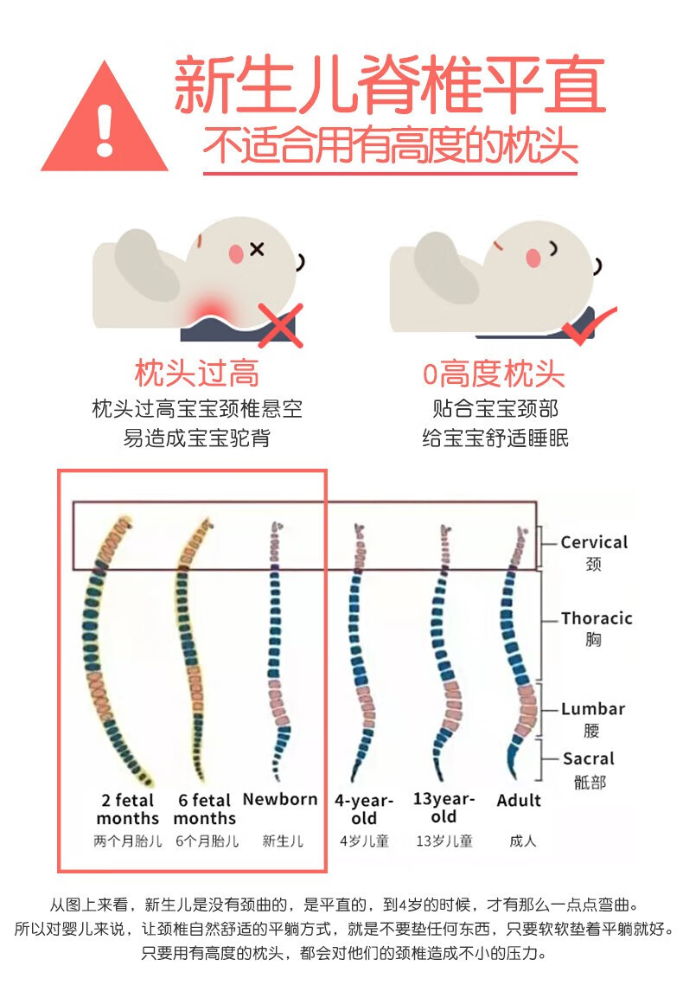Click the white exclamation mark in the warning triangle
(x=105, y=131)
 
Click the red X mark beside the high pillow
(x=280, y=325)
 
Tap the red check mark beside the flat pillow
(x=588, y=324)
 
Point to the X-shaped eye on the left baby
(x=257, y=248)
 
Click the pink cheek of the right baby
(x=533, y=258)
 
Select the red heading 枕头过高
(x=196, y=374)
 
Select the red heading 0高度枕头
(x=493, y=374)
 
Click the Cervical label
(x=594, y=542)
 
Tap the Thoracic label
(x=597, y=618)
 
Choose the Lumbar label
(x=593, y=709)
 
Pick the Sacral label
(x=588, y=758)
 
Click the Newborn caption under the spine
(x=280, y=799)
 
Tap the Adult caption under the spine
(x=519, y=801)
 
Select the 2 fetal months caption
(x=128, y=809)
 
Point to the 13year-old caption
(x=444, y=808)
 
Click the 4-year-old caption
(x=364, y=809)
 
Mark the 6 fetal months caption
(x=205, y=809)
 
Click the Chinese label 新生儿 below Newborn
(x=283, y=841)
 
